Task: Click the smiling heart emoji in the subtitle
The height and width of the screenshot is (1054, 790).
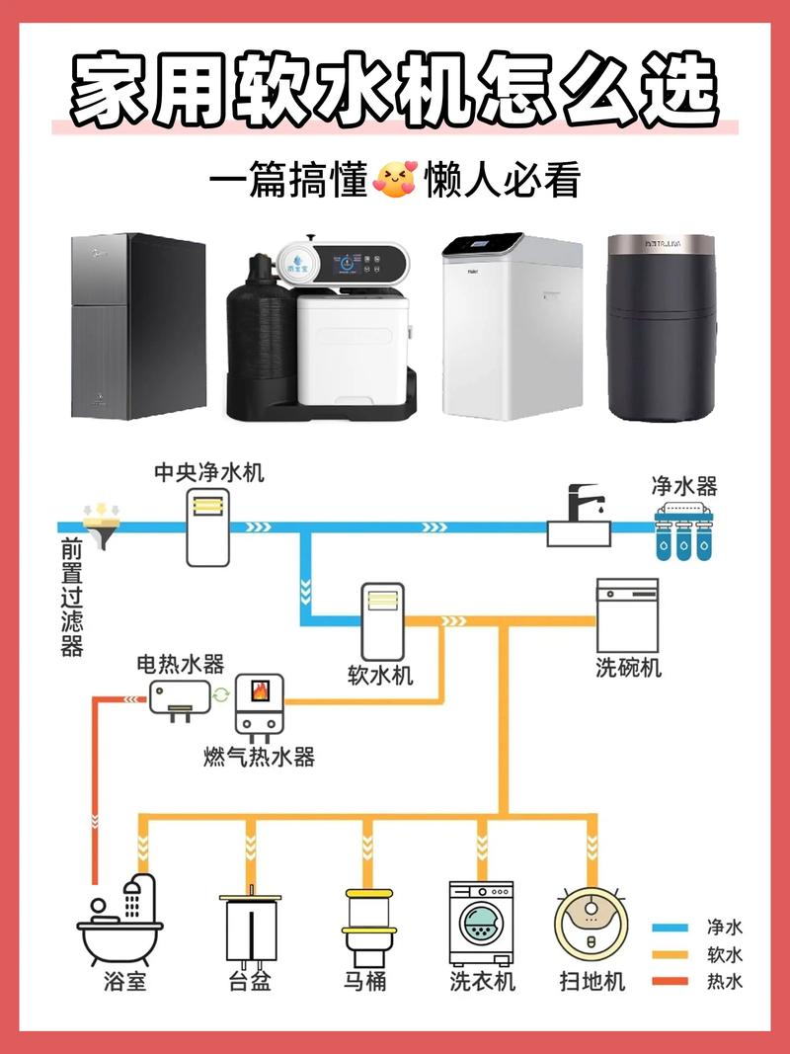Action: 395,181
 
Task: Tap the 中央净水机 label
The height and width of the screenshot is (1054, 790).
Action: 208,473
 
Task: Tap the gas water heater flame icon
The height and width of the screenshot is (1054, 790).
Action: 260,689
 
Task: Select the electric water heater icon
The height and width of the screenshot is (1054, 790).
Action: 180,697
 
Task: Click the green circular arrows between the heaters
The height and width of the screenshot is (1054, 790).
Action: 222,694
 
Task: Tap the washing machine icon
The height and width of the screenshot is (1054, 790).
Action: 482,923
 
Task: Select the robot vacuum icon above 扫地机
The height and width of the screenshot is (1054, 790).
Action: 592,924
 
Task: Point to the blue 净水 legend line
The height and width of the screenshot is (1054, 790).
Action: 670,928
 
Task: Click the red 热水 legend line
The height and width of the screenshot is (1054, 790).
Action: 670,981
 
